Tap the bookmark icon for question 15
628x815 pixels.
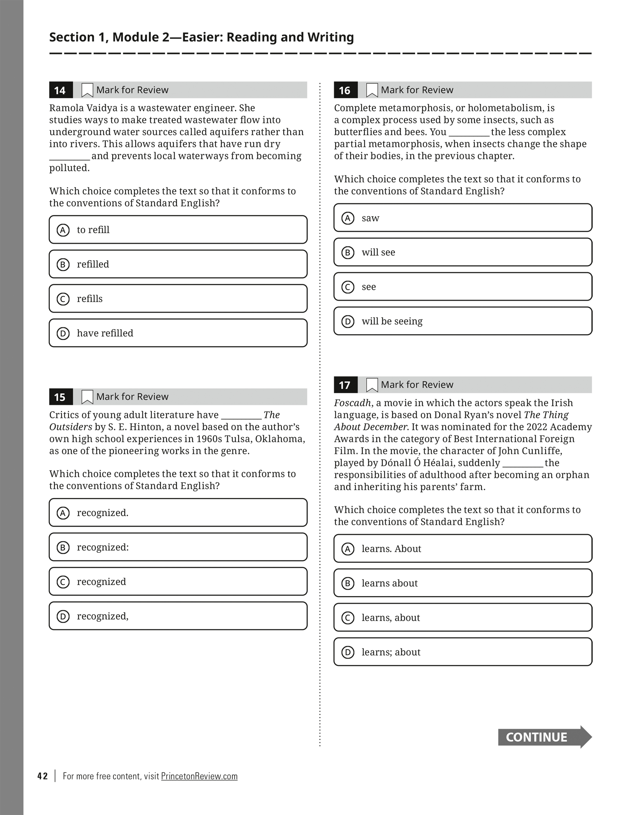[87, 397]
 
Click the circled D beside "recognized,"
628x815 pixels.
[63, 616]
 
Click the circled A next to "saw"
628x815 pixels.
[348, 218]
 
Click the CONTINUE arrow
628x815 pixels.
[544, 737]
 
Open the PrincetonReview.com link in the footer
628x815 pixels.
[199, 776]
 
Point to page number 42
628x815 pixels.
[43, 776]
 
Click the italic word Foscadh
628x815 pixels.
[352, 403]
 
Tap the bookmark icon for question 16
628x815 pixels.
[372, 90]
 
